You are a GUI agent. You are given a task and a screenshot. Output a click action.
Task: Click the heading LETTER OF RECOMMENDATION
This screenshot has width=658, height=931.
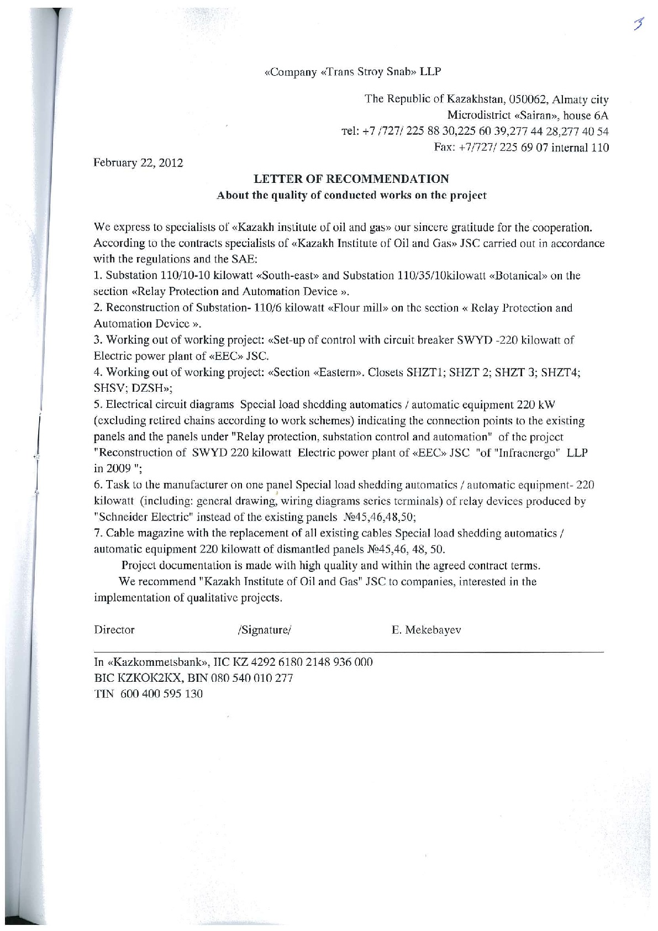351,179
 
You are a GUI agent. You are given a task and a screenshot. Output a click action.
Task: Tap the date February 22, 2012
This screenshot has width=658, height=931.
138,163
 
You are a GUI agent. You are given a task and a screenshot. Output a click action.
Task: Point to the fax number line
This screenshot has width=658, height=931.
522,148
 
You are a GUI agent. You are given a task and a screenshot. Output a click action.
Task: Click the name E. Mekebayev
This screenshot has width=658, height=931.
426,630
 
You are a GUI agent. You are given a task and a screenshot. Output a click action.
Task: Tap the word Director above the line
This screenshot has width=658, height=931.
114,630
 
